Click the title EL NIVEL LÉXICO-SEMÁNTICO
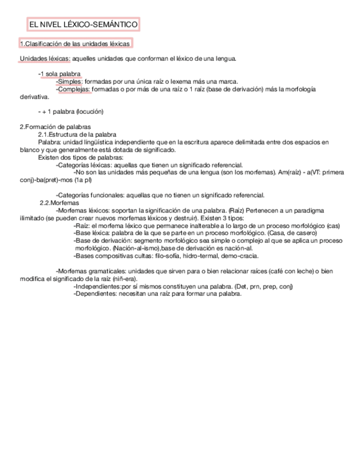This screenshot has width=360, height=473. (82, 25)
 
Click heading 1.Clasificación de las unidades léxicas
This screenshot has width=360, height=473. (75, 44)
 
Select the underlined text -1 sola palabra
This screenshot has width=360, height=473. (60, 74)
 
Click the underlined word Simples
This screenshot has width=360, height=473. (70, 81)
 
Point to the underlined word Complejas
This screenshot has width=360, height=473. (74, 89)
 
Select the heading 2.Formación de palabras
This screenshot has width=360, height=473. (55, 127)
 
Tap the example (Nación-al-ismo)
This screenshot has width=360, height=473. (137, 248)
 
